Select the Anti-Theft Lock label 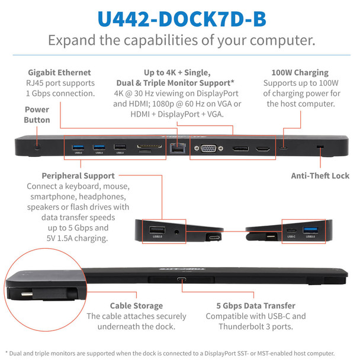click(x=320, y=175)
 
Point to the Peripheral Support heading click(x=78, y=176)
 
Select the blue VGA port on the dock click(x=208, y=149)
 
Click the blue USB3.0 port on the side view click(x=310, y=230)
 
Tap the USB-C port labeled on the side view click(x=291, y=230)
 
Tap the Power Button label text click(x=37, y=115)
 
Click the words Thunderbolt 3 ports click(x=254, y=327)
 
